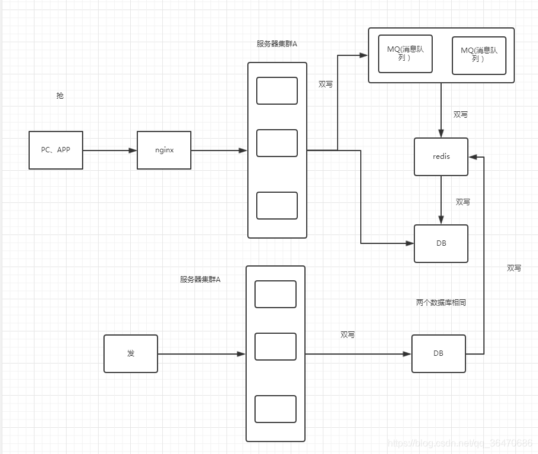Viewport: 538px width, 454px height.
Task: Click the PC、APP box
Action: pyautogui.click(x=56, y=150)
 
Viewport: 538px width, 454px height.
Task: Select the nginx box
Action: pyautogui.click(x=164, y=150)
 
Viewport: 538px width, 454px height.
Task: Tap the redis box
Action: pyautogui.click(x=441, y=156)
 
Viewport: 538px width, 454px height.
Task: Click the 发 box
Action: pyautogui.click(x=131, y=353)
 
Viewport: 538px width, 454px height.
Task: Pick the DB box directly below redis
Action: pyautogui.click(x=441, y=243)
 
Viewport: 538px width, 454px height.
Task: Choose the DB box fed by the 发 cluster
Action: pyautogui.click(x=438, y=353)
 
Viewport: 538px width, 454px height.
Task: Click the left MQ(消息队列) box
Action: pyautogui.click(x=405, y=54)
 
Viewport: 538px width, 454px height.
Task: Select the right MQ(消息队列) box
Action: pyautogui.click(x=479, y=55)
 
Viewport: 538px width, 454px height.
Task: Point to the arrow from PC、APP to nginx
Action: pyautogui.click(x=110, y=151)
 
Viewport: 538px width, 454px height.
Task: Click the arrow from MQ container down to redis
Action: pyautogui.click(x=441, y=110)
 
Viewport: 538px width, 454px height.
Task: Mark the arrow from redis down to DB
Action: pyautogui.click(x=441, y=200)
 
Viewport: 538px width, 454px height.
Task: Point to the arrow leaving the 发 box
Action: pyautogui.click(x=202, y=354)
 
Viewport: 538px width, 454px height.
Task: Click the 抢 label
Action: pyautogui.click(x=59, y=95)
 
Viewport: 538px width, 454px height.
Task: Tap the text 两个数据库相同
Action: pyautogui.click(x=441, y=303)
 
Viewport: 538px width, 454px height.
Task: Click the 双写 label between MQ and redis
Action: pyautogui.click(x=460, y=114)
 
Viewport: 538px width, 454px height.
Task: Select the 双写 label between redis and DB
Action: pyautogui.click(x=463, y=202)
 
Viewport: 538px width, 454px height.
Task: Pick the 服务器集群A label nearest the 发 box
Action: pyautogui.click(x=200, y=279)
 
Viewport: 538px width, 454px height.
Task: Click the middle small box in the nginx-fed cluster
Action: pyautogui.click(x=277, y=143)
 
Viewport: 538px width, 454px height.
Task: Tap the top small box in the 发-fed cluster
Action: pyautogui.click(x=275, y=294)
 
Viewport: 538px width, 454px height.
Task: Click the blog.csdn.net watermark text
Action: pyautogui.click(x=460, y=443)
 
